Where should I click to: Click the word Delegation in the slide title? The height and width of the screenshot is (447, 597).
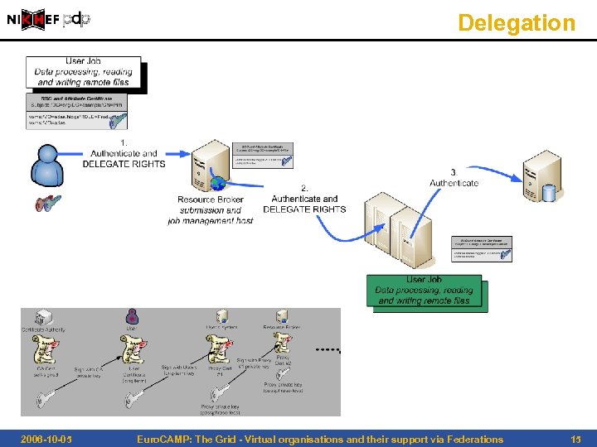pos(516,22)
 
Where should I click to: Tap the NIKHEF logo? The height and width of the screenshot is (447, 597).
pos(33,21)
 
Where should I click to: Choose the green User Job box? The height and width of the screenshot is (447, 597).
pos(424,291)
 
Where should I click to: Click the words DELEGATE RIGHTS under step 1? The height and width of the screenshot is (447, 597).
pos(124,164)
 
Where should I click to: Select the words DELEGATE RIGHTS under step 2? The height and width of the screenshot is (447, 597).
pos(304,209)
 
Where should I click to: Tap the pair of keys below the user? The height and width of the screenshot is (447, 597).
pos(48,203)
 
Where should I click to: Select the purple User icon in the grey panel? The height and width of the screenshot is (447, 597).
pos(132,316)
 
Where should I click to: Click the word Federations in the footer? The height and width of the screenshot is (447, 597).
pos(473,440)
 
